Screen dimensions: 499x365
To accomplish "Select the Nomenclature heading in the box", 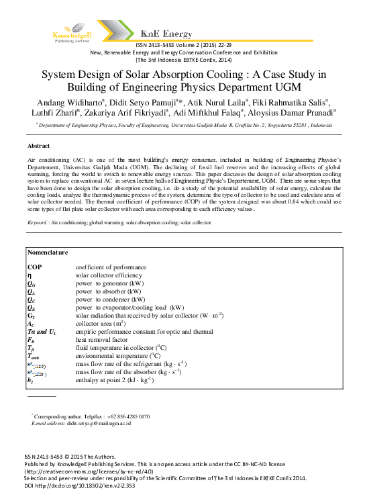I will point(48,253).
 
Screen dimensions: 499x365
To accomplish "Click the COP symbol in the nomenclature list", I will point(34,267).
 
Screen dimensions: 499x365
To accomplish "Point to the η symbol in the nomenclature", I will point(29,275).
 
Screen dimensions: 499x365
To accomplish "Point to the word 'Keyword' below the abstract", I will point(37,222).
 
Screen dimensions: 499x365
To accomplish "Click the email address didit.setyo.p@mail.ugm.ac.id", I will point(99,423).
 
